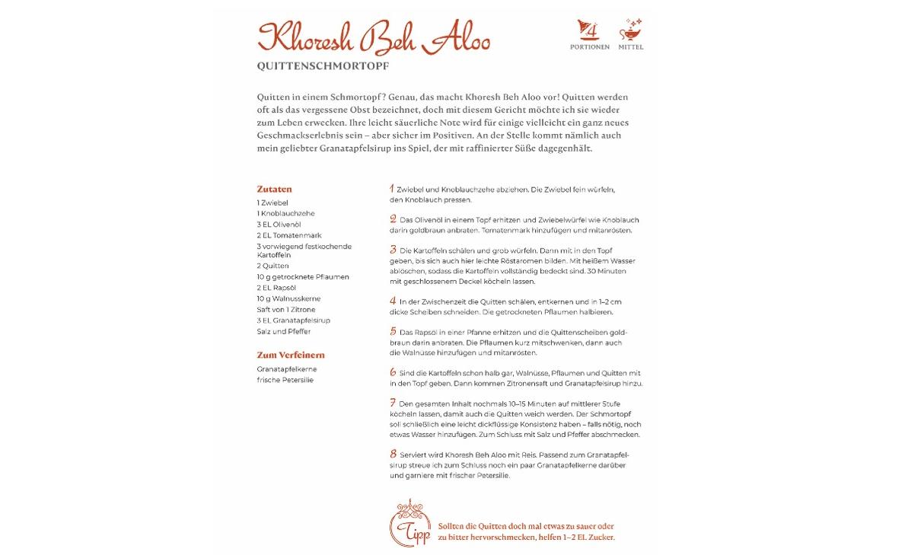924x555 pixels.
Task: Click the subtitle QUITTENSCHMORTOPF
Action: click(x=323, y=66)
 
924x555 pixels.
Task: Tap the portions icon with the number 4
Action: click(x=589, y=30)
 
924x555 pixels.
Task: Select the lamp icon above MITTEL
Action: click(x=630, y=30)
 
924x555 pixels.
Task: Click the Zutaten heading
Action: click(x=274, y=189)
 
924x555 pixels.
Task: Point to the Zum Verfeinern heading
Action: click(x=291, y=355)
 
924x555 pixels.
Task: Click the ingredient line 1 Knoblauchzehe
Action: click(x=285, y=214)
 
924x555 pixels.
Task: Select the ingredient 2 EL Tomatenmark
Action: click(x=289, y=235)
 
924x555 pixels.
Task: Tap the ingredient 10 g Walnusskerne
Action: click(x=288, y=298)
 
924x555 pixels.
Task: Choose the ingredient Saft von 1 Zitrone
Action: click(x=286, y=310)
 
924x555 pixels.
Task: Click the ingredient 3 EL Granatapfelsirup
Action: click(x=293, y=321)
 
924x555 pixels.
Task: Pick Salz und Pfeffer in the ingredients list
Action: click(x=283, y=332)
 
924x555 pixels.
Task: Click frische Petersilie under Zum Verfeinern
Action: click(x=285, y=380)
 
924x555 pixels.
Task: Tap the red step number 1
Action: click(x=392, y=188)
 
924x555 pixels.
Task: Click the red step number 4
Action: click(x=393, y=301)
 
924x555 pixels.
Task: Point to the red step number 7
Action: click(x=393, y=403)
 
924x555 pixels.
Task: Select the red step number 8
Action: click(x=393, y=454)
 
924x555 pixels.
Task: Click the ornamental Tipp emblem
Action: click(x=410, y=524)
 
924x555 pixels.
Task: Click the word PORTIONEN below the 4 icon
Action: click(x=589, y=47)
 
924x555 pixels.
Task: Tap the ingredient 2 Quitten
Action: click(x=272, y=266)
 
